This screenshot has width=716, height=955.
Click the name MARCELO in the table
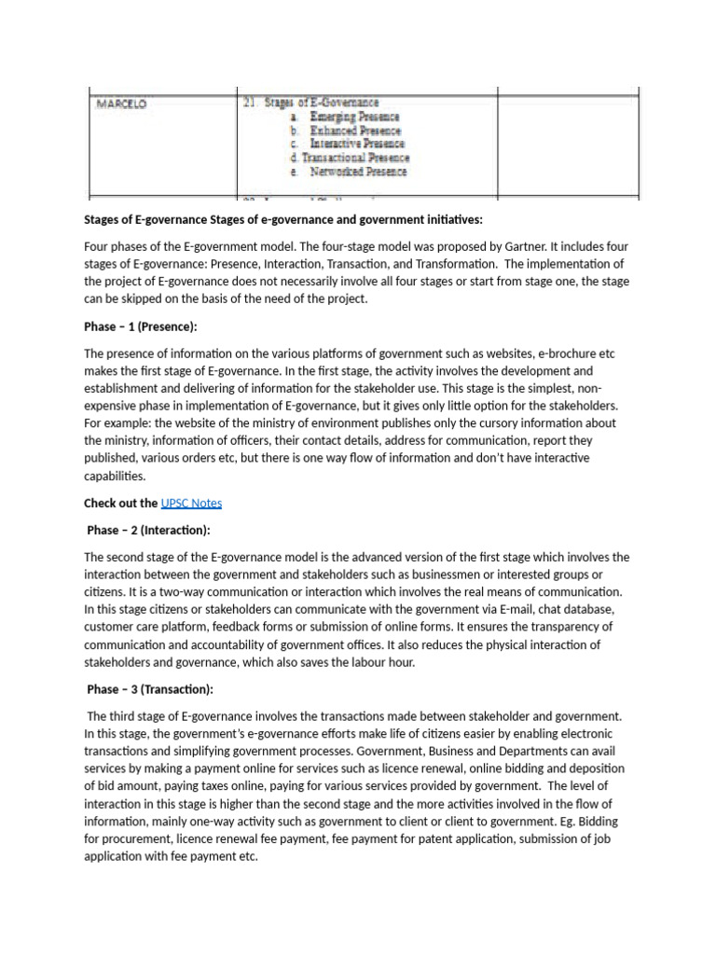pos(121,105)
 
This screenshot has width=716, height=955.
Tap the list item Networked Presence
pos(358,172)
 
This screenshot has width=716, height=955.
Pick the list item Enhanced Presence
pos(354,131)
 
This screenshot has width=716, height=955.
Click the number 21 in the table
pos(249,103)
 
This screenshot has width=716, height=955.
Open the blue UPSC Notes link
pos(191,503)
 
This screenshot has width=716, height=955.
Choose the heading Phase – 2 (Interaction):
pos(149,530)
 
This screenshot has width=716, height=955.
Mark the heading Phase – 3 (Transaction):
pos(150,689)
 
